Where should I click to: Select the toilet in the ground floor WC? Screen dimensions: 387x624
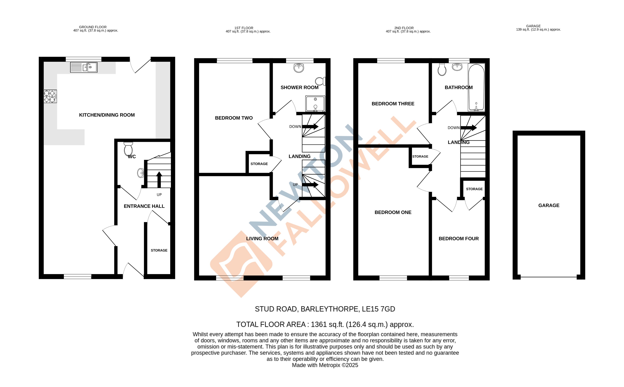pyautogui.click(x=128, y=149)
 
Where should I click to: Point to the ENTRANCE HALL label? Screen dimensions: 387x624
pyautogui.click(x=144, y=206)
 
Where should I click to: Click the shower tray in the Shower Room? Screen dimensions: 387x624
pyautogui.click(x=315, y=104)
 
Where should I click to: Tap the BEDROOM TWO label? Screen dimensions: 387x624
pyautogui.click(x=234, y=118)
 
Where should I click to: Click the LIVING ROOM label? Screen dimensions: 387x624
pyautogui.click(x=262, y=239)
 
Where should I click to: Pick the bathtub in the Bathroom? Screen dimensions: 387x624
pyautogui.click(x=476, y=87)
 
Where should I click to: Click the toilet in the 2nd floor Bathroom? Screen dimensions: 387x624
pyautogui.click(x=442, y=69)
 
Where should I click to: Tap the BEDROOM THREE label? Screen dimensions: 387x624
pyautogui.click(x=393, y=104)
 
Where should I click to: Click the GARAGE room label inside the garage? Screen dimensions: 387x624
pyautogui.click(x=549, y=205)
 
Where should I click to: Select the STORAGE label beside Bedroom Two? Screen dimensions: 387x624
pyautogui.click(x=259, y=164)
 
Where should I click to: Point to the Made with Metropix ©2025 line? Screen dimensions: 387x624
pyautogui.click(x=325, y=365)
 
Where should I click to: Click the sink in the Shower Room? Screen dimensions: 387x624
pyautogui.click(x=299, y=68)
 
